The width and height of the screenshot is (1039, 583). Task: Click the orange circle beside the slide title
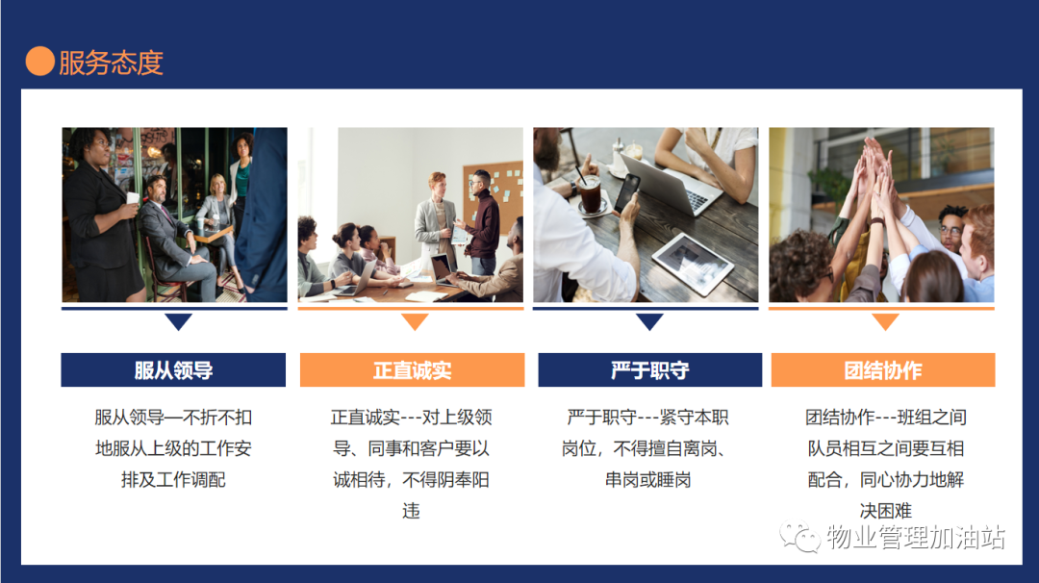coord(39,61)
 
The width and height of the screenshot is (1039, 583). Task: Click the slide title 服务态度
coord(112,63)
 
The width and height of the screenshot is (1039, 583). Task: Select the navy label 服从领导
coord(173,369)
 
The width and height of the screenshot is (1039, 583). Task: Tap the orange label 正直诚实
coord(412,369)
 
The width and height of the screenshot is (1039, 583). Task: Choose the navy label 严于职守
coord(650,369)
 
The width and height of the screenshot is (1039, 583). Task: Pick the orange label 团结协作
coord(883,369)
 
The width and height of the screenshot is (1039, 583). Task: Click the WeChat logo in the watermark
coord(799,536)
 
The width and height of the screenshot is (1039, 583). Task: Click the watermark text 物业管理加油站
coord(916,537)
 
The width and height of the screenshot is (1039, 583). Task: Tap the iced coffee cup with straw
coord(589,192)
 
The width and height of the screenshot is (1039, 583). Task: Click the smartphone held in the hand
coord(627,192)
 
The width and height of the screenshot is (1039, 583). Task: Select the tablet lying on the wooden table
coord(692,263)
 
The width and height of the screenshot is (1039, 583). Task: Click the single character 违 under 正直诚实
coord(412,511)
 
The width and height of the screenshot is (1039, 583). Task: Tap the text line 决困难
coord(886,511)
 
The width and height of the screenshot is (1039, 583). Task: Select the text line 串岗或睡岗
coord(648,480)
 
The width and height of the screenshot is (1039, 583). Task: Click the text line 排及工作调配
coord(173,480)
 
